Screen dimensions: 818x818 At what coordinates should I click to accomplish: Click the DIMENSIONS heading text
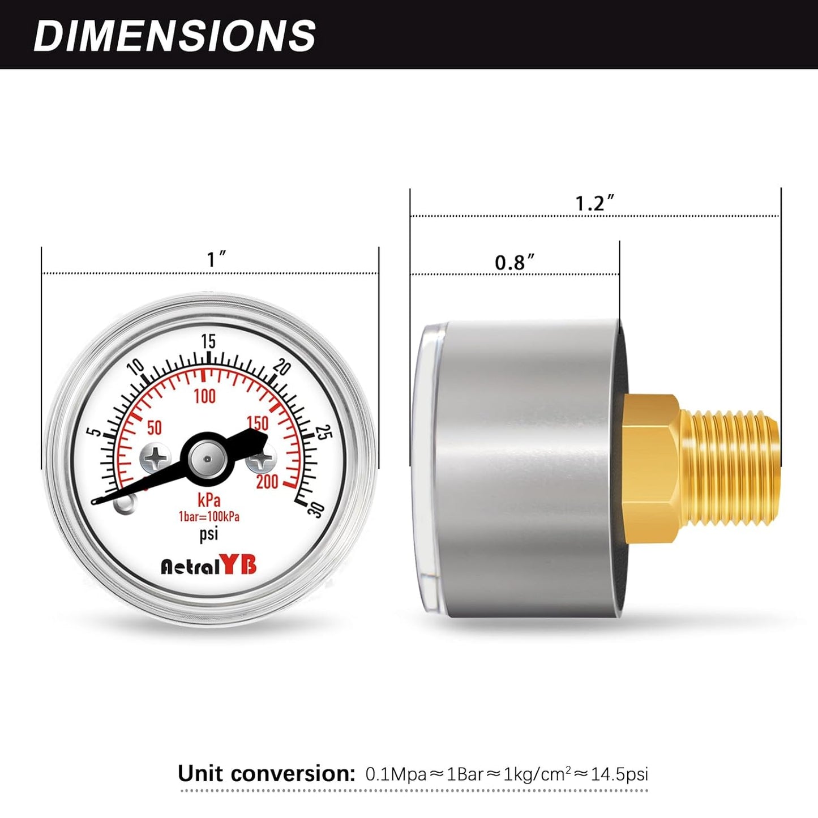click(x=174, y=36)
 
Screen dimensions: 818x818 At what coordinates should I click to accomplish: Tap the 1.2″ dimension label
click(x=594, y=203)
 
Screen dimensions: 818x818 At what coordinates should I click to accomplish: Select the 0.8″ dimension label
click(x=514, y=262)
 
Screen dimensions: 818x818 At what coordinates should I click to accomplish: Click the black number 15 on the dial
click(x=208, y=341)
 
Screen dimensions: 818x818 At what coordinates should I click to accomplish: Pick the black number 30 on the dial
click(x=315, y=509)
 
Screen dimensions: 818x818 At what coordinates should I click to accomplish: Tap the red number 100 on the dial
click(x=204, y=396)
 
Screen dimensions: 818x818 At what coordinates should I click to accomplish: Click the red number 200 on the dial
click(x=267, y=482)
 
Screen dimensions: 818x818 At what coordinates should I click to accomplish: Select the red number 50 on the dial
click(x=154, y=427)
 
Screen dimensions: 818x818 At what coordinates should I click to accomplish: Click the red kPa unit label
click(x=209, y=500)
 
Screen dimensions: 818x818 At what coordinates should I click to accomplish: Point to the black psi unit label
click(x=208, y=534)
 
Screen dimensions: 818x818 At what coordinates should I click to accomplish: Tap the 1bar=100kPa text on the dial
click(x=209, y=517)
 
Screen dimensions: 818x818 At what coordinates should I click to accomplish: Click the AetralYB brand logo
click(x=209, y=565)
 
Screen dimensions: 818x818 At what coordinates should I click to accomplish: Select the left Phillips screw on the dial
click(x=155, y=458)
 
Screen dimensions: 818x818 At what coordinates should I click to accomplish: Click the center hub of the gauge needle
click(x=207, y=459)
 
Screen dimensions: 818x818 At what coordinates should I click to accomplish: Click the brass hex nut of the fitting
click(x=651, y=469)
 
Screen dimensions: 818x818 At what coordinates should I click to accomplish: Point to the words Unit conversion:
click(x=266, y=773)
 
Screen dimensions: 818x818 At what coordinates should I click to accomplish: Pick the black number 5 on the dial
click(x=96, y=431)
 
